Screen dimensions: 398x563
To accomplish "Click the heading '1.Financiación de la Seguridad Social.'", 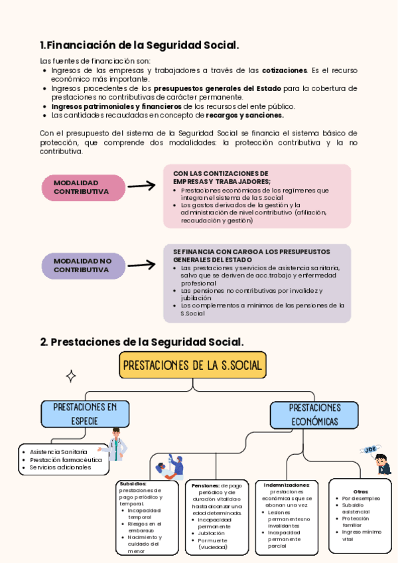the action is tap(139, 45).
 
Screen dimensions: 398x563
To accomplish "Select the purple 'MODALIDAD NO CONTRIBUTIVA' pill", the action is tap(84, 266).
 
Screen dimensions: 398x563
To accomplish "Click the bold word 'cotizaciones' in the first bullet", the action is tap(285, 70).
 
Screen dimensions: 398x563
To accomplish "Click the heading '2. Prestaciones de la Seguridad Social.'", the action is tap(142, 342).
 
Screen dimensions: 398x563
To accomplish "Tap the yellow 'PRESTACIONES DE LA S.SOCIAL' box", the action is tap(192, 365).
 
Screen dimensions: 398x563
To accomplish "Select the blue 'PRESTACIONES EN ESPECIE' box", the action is tap(85, 414).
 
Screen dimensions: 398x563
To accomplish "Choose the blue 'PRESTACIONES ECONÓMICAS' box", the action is tap(314, 414).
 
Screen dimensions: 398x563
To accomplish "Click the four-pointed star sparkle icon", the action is tap(70, 376).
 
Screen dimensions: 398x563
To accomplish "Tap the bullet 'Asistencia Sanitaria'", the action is tap(58, 451).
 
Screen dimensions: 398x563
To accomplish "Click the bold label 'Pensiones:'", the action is tap(206, 486).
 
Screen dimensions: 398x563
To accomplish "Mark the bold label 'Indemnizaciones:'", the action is tap(287, 485).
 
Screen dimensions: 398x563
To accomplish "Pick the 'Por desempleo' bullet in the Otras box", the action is tap(362, 498).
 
